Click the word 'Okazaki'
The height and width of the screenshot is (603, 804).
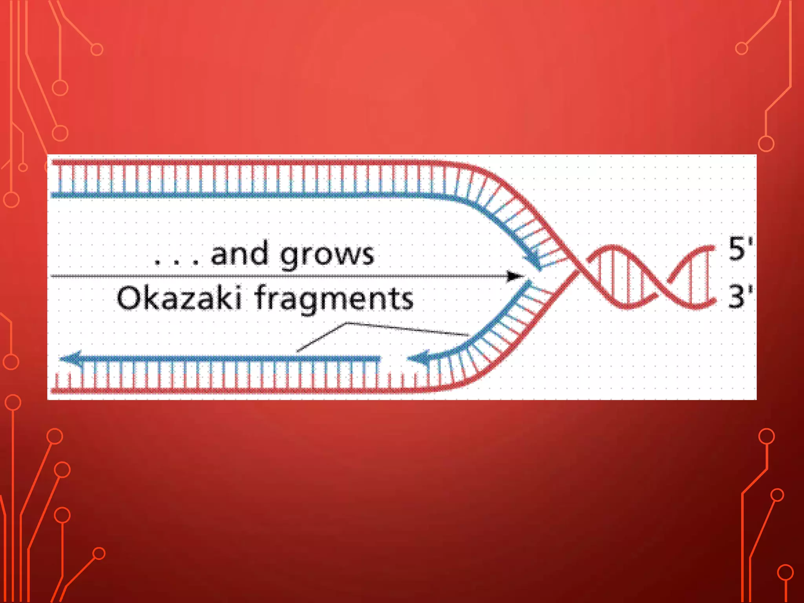click(x=179, y=298)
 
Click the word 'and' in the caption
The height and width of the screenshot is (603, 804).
click(x=240, y=254)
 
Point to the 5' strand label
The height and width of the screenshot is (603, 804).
click(x=740, y=249)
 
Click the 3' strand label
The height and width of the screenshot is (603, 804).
click(x=740, y=296)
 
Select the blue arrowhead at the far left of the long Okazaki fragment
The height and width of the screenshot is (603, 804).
click(x=71, y=358)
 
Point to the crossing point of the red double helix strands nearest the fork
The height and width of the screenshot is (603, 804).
click(x=576, y=269)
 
